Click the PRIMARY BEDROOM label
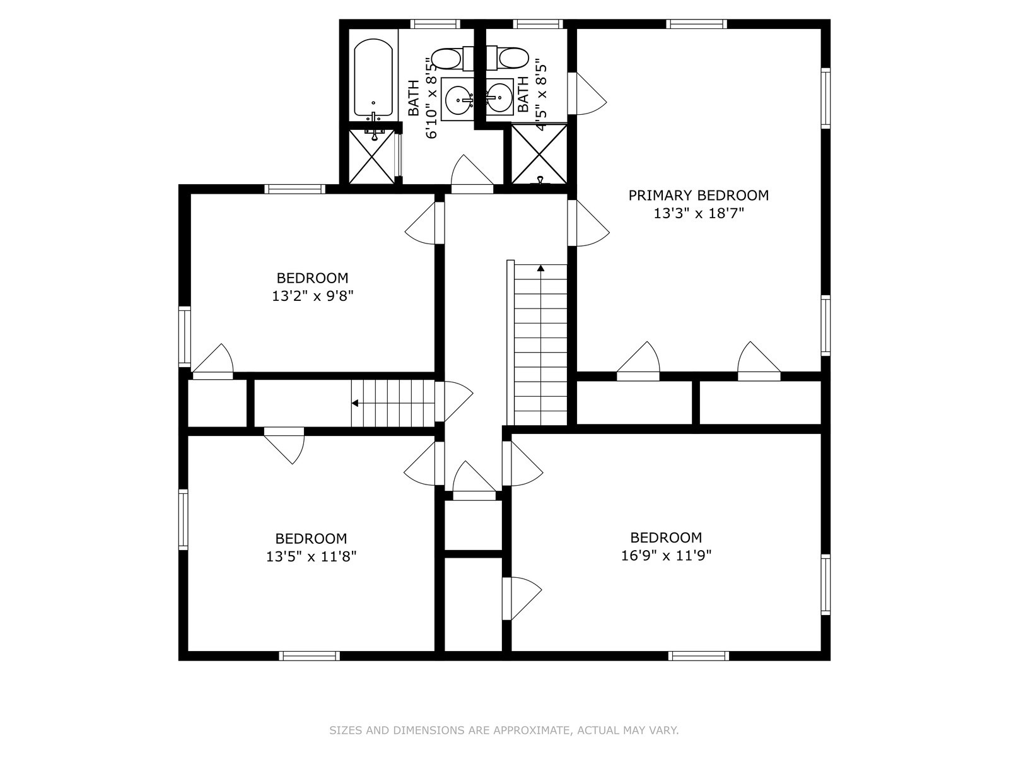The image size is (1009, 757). point(698,196)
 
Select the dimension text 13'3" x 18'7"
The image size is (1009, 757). point(698,214)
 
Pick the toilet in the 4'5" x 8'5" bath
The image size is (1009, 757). point(513,59)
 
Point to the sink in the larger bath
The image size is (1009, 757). point(458,100)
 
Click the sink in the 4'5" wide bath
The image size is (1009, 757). point(499,98)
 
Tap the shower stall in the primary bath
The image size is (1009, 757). point(539,155)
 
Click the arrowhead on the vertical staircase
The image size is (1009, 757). point(540,269)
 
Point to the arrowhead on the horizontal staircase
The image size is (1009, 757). point(356,403)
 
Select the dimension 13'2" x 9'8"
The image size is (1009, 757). point(312,296)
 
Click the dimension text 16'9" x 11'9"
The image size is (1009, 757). point(666,556)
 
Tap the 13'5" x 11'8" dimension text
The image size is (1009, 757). point(311,557)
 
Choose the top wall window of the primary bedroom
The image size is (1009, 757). point(696,25)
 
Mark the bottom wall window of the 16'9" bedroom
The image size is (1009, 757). point(698,656)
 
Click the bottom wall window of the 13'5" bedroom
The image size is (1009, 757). point(309,656)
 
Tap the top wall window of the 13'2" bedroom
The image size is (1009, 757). point(295,189)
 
